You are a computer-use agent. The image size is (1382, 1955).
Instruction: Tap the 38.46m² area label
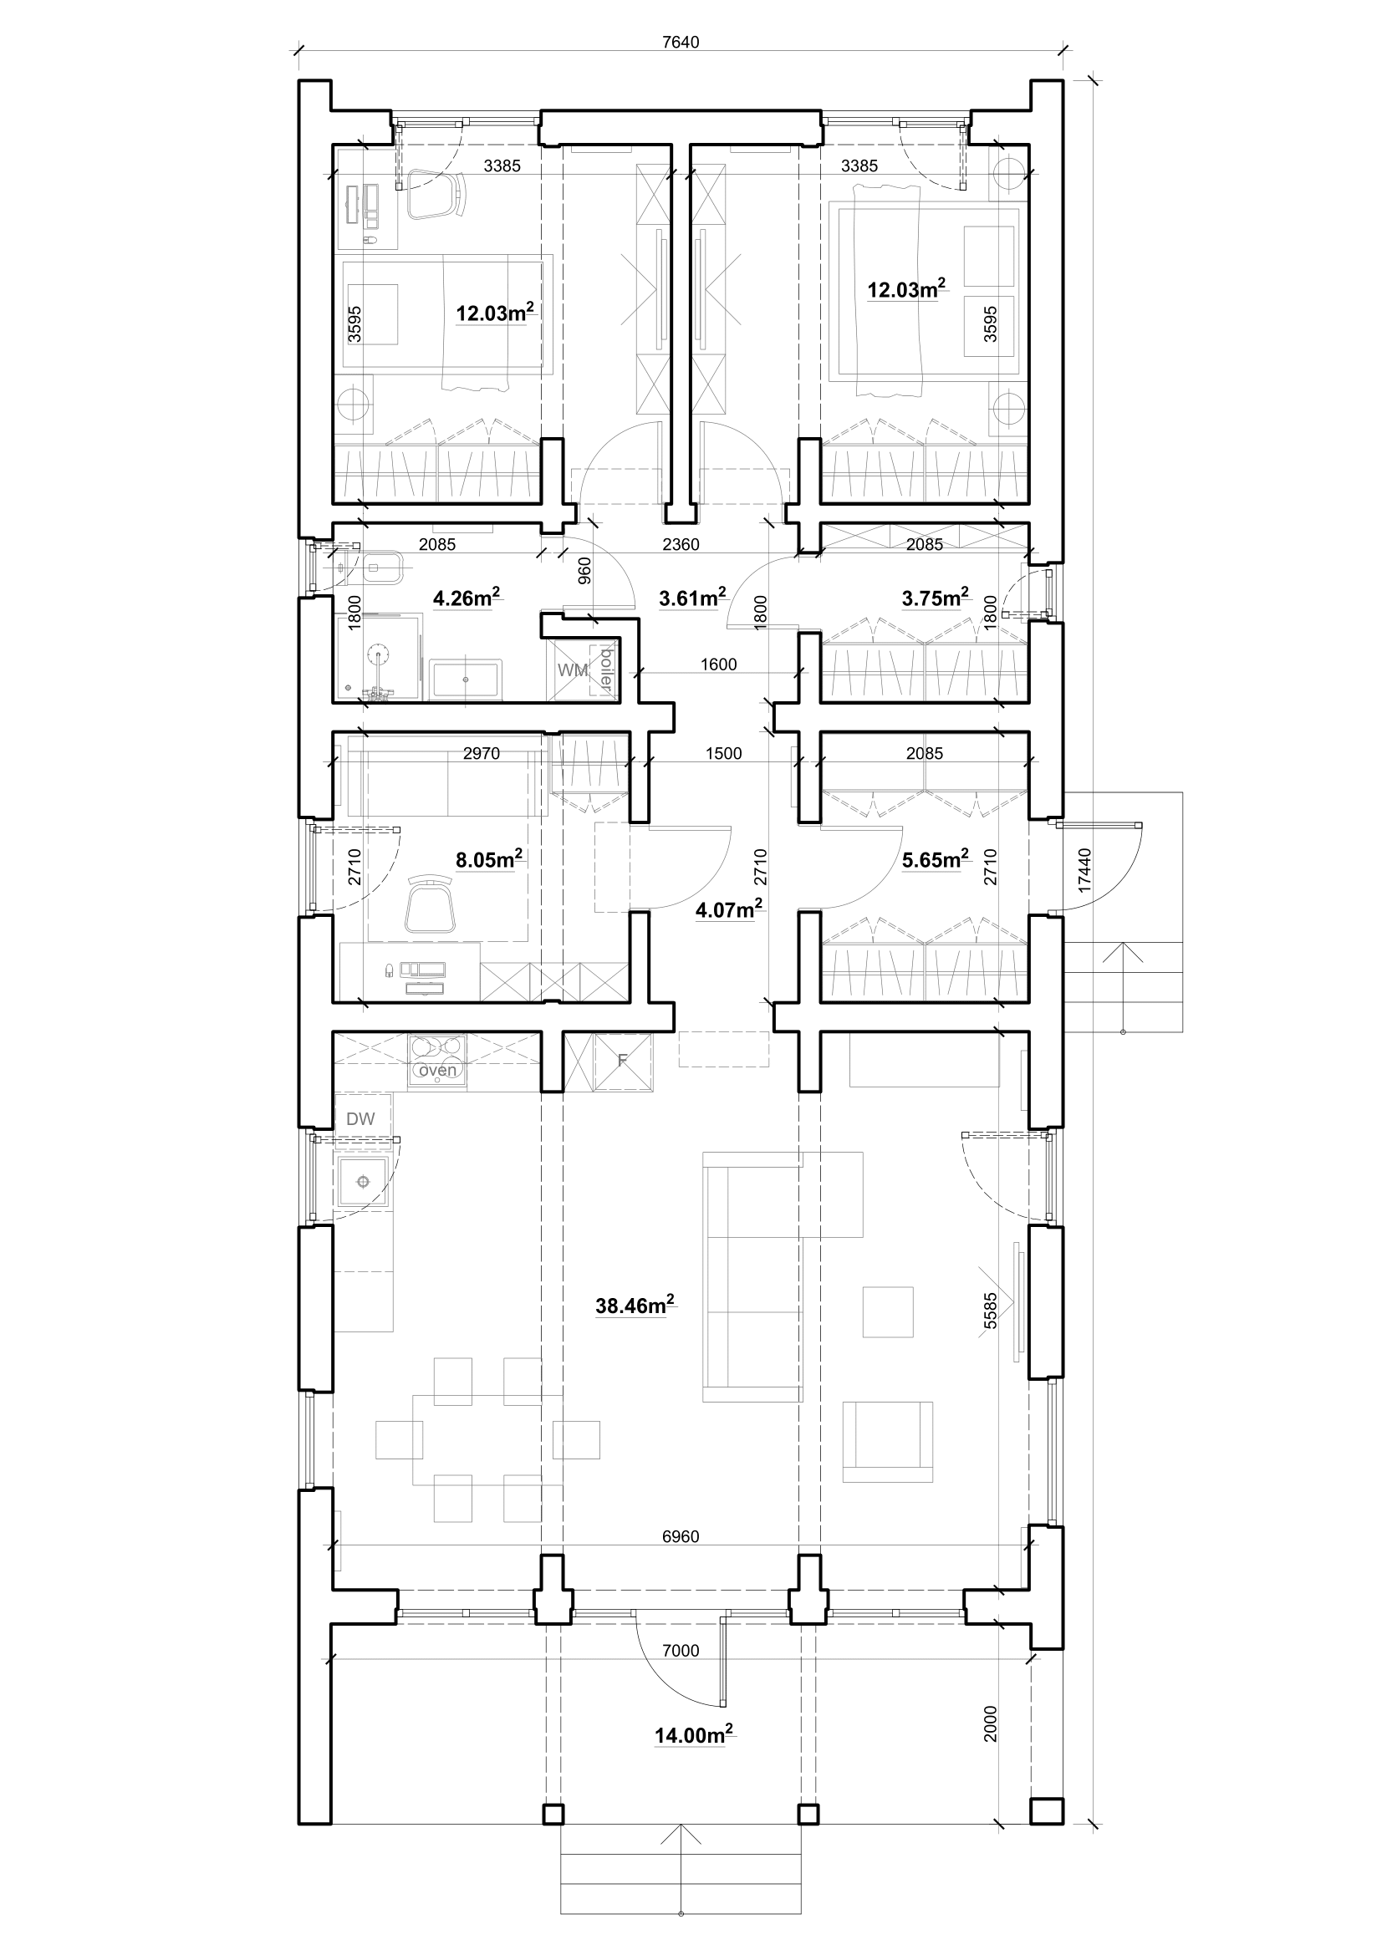tap(635, 1305)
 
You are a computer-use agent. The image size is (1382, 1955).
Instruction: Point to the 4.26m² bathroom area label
tap(467, 598)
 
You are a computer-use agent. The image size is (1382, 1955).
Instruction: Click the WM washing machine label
tap(573, 670)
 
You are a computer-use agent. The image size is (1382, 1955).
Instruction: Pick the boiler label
tap(606, 669)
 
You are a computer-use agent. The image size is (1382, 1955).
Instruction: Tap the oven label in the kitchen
tap(438, 1071)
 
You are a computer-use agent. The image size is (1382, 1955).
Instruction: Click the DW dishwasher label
tap(360, 1119)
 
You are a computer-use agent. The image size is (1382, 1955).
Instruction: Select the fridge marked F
tap(624, 1061)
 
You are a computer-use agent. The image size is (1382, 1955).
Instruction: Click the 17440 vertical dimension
tap(1084, 869)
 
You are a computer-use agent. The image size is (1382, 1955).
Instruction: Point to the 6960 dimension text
tap(681, 1536)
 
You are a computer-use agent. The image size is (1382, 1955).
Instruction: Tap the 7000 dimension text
tap(681, 1650)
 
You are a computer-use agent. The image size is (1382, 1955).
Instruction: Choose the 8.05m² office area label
tap(490, 859)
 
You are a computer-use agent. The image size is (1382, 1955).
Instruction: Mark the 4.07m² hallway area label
tap(729, 910)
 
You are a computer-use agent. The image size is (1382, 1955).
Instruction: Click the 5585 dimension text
tap(989, 1311)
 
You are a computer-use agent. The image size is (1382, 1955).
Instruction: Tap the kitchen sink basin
tap(364, 1182)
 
